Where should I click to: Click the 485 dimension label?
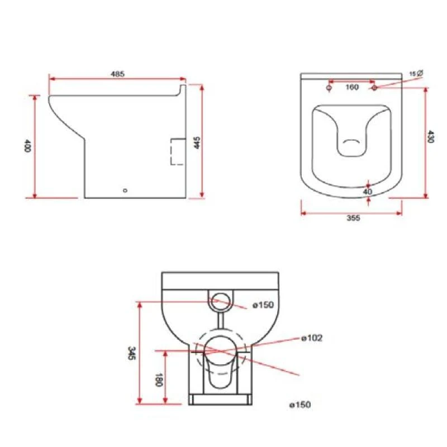pos(118,74)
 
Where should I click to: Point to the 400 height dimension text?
pos(27,146)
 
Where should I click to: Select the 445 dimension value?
pos(197,142)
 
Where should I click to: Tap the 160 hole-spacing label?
pos(352,87)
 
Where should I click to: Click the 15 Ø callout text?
pos(416,73)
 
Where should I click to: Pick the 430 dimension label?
pos(430,136)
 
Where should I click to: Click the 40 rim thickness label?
pos(368,192)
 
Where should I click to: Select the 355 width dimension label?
pos(354,218)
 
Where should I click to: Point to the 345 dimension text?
pos(132,353)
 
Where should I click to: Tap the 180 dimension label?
pos(159,380)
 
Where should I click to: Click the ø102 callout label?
pos(312,338)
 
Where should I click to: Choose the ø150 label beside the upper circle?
pos(263,305)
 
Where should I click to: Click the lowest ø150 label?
pos(300,405)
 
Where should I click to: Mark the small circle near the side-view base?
pos(125,190)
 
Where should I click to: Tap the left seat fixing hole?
pos(329,88)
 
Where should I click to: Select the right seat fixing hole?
pos(374,88)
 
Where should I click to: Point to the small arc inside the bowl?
pos(351,141)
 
